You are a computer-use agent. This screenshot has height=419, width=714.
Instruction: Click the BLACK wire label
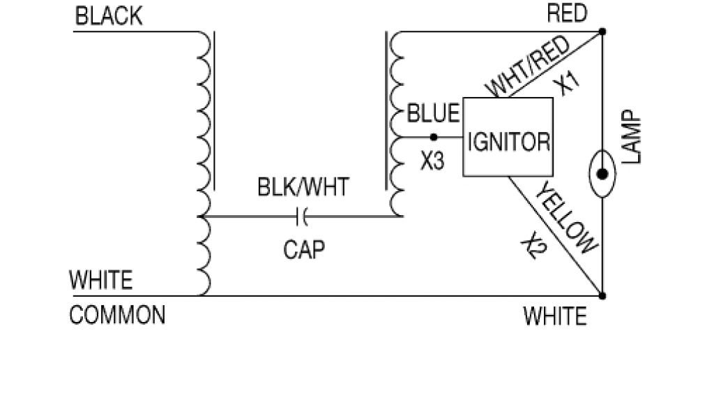click(108, 17)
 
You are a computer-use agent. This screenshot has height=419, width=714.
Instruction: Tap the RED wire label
click(567, 14)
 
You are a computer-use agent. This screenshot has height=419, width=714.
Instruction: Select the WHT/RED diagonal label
click(529, 68)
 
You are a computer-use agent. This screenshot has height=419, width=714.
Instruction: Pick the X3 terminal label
click(432, 161)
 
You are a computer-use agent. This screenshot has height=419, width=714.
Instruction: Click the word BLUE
click(433, 113)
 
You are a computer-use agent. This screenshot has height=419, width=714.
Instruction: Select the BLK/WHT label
click(303, 188)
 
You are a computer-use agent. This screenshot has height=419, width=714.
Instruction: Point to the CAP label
click(304, 249)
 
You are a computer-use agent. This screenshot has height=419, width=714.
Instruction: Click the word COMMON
click(117, 316)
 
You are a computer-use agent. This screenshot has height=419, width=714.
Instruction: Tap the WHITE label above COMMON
click(101, 281)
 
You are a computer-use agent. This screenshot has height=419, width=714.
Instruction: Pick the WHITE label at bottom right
click(555, 317)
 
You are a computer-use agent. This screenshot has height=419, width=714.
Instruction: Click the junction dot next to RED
click(602, 31)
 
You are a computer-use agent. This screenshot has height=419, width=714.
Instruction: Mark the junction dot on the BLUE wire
click(433, 137)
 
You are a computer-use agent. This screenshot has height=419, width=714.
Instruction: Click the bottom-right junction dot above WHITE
click(602, 295)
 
